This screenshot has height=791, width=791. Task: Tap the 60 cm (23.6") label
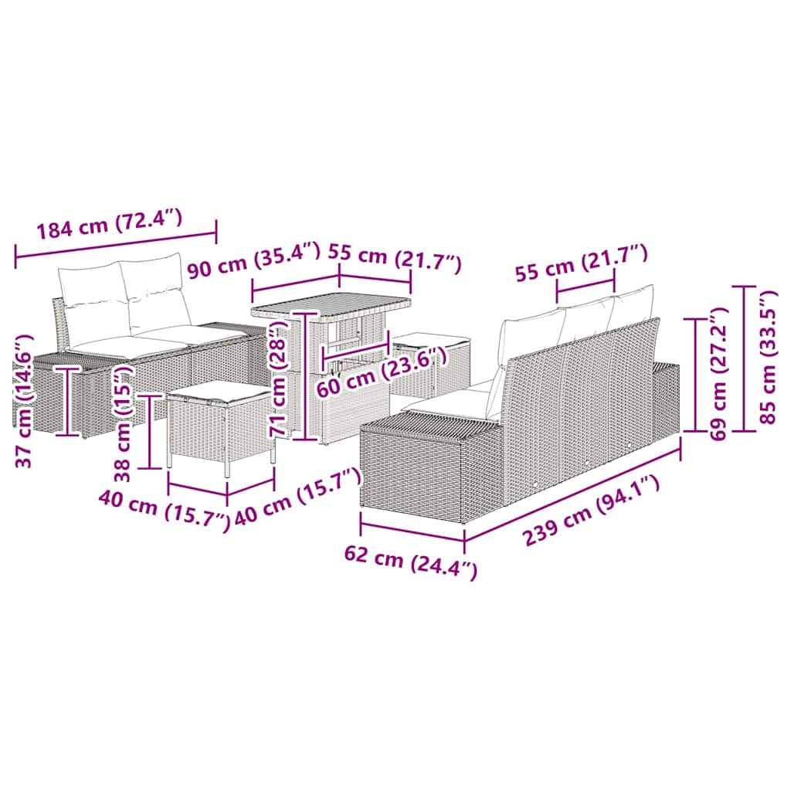[382, 373]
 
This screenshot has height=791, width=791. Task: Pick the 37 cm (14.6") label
[25, 401]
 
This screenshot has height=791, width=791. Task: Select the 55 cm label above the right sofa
[580, 260]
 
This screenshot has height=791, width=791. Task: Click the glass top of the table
[332, 304]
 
